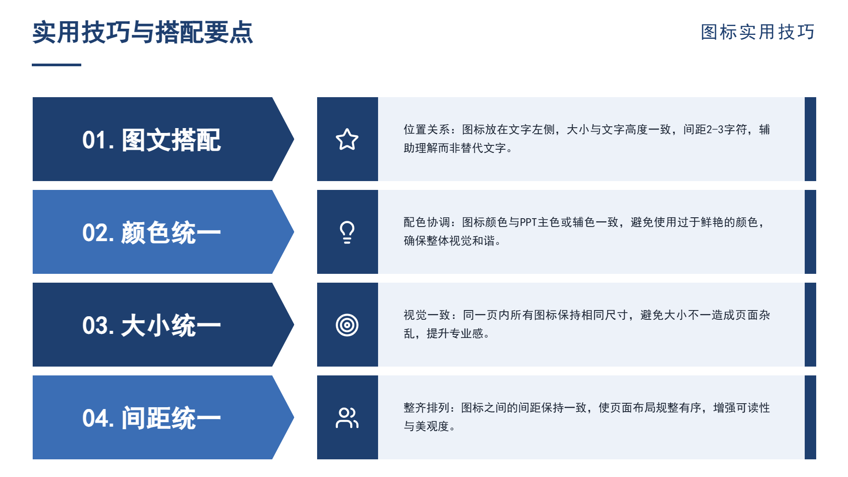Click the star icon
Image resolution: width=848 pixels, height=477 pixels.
click(x=347, y=139)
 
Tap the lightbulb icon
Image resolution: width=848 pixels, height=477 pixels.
click(x=347, y=232)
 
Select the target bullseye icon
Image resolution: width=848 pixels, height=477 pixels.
click(x=347, y=325)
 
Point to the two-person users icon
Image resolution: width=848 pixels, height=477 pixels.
click(x=347, y=418)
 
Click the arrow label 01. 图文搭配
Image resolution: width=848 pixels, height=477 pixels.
click(x=151, y=140)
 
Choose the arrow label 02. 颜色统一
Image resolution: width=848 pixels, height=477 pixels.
click(x=151, y=233)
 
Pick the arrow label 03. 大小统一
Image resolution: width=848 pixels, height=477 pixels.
click(x=151, y=326)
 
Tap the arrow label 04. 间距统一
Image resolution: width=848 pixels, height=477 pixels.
click(x=151, y=418)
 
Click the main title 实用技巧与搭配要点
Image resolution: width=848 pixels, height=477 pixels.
click(x=143, y=32)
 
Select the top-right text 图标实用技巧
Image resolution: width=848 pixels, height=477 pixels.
click(x=758, y=32)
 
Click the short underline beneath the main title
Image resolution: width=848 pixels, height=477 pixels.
click(x=57, y=65)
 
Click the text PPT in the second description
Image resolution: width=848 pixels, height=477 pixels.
click(x=528, y=222)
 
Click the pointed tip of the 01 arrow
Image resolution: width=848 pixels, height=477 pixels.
click(x=294, y=139)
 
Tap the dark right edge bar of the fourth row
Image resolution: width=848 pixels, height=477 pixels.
click(x=810, y=417)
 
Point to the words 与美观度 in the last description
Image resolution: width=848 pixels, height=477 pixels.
click(x=427, y=426)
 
